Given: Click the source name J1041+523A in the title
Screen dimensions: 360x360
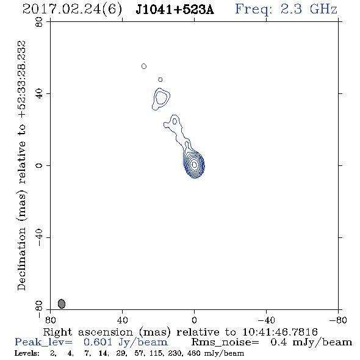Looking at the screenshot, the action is pyautogui.click(x=175, y=10).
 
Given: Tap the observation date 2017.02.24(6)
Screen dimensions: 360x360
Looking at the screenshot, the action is pyautogui.click(x=73, y=10).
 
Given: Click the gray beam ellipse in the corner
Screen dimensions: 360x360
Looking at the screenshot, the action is pyautogui.click(x=62, y=304).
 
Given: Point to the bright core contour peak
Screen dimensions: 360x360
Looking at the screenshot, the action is pyautogui.click(x=194, y=165).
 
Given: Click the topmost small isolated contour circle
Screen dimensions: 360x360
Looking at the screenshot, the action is pyautogui.click(x=144, y=67).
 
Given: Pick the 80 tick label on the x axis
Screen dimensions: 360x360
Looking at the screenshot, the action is pyautogui.click(x=50, y=320).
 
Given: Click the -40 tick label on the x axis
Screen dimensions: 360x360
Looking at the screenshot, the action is pyautogui.click(x=266, y=320).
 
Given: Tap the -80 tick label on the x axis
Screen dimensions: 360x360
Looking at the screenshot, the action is pyautogui.click(x=338, y=320).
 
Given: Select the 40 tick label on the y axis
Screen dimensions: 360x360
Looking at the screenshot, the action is pyautogui.click(x=39, y=94).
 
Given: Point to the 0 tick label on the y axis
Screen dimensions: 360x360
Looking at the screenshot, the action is pyautogui.click(x=39, y=165).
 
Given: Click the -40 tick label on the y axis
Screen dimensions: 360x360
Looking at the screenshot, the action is pyautogui.click(x=39, y=237).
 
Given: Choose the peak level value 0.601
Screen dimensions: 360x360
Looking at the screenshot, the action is pyautogui.click(x=98, y=342).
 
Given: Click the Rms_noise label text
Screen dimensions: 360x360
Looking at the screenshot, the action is pyautogui.click(x=225, y=342).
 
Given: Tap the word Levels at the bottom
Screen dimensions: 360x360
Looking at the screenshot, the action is pyautogui.click(x=27, y=353).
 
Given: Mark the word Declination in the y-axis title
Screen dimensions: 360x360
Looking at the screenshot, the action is pyautogui.click(x=21, y=259).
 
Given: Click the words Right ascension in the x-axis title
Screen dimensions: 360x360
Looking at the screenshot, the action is pyautogui.click(x=88, y=332).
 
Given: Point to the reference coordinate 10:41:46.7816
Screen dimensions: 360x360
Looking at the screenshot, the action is pyautogui.click(x=280, y=332).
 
